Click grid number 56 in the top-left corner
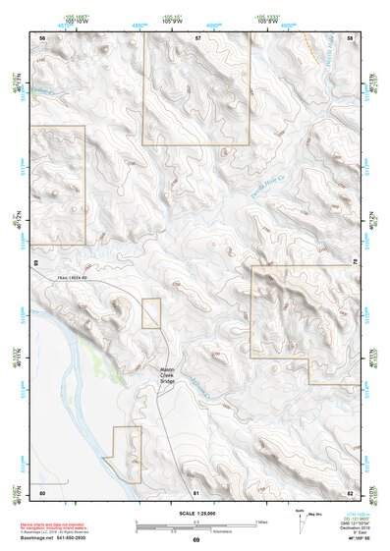click(41, 37)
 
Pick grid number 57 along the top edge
click(197, 37)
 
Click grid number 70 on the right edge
click(355, 263)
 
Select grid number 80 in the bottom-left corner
click(41, 491)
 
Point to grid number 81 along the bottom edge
click(196, 491)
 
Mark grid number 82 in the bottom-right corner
click(350, 491)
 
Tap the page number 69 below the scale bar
click(195, 540)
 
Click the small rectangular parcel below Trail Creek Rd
click(150, 312)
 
